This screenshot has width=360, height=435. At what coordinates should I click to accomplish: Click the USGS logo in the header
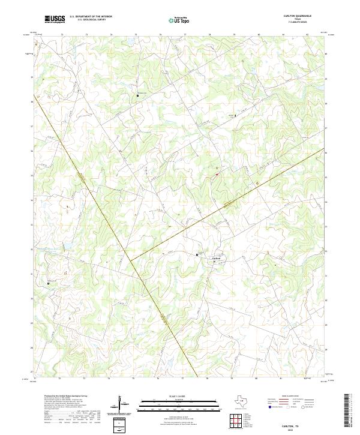coord(55,19)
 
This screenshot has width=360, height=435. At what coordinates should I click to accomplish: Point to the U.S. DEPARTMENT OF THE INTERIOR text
coord(91,17)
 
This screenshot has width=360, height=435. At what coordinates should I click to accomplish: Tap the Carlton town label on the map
coord(217,259)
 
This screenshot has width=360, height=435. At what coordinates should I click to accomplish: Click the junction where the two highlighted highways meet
coord(130,260)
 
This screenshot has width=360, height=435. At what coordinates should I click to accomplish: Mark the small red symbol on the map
coord(215,175)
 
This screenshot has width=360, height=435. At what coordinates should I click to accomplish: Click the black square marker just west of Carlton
coord(197,255)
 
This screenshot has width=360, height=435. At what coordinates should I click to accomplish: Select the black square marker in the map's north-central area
coord(138,95)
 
